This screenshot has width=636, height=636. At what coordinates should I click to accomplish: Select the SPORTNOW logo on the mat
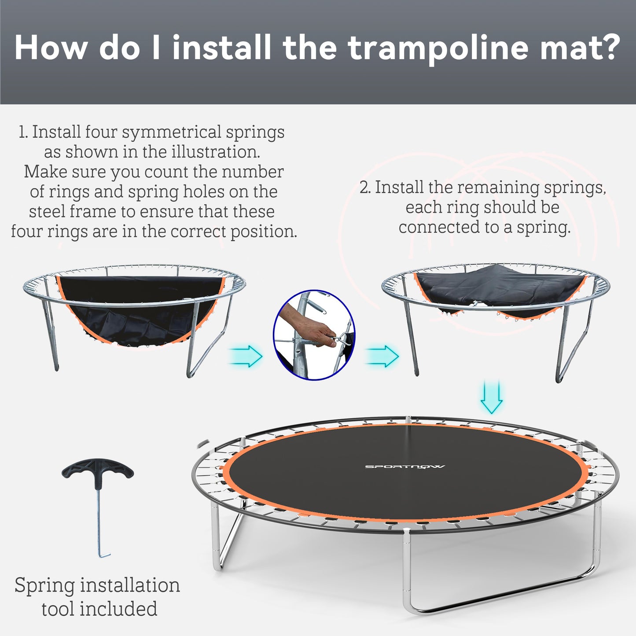[x=404, y=467]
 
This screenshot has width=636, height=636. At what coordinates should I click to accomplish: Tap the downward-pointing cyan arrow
[x=491, y=397]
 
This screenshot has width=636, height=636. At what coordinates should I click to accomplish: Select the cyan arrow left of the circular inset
[x=246, y=356]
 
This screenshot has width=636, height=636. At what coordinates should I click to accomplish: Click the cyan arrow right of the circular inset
[x=382, y=356]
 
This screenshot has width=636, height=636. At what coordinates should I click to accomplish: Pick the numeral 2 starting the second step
[x=364, y=187]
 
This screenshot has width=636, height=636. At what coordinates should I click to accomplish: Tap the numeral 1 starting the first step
[x=22, y=132]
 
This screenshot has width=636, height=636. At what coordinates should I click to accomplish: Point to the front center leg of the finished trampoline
[x=407, y=572]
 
